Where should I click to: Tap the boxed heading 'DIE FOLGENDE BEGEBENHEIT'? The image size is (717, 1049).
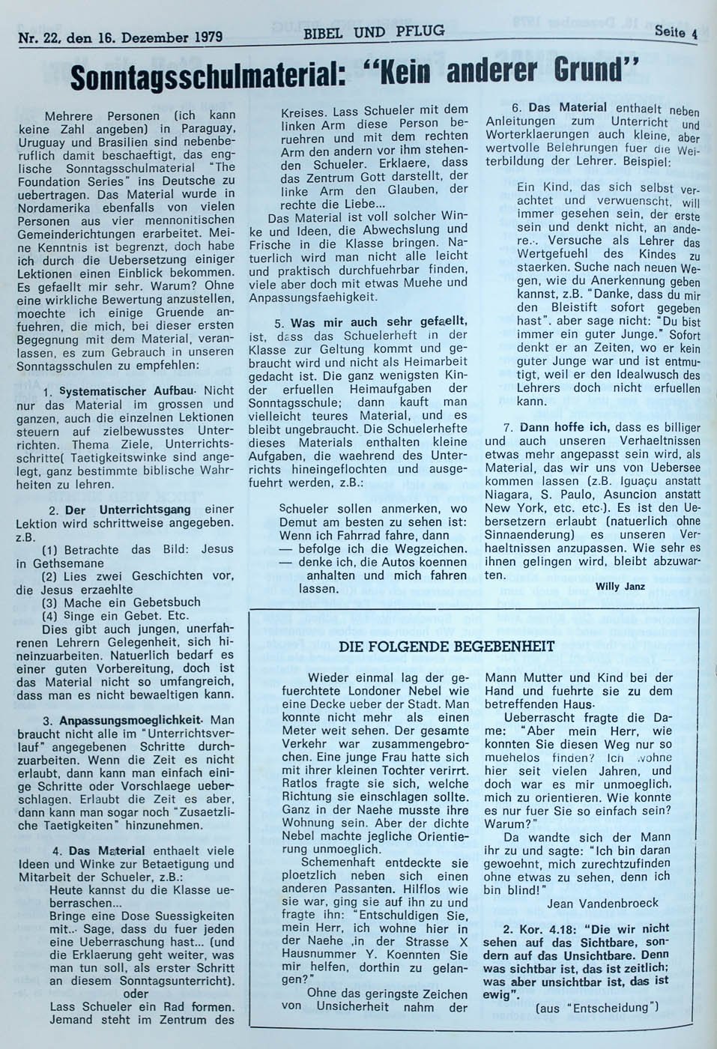pyautogui.click(x=447, y=646)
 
